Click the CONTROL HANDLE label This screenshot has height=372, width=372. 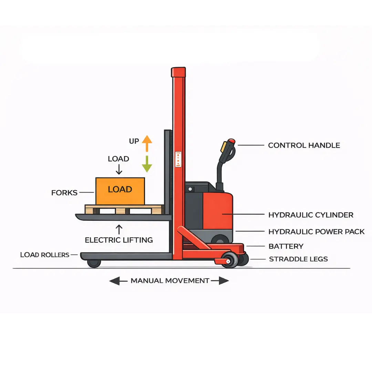[x=304, y=145]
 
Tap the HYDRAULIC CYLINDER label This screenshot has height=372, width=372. [x=311, y=215]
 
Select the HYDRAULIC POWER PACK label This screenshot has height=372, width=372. [x=316, y=231]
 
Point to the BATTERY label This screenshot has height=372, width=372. [x=286, y=246]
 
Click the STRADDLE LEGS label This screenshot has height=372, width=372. [x=298, y=259]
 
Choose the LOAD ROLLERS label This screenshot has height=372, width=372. [x=45, y=255]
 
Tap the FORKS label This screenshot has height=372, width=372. [x=64, y=193]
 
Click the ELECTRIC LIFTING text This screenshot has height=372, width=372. [x=119, y=240]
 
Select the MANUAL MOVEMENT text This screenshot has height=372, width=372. [x=170, y=281]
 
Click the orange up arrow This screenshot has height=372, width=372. [x=147, y=143]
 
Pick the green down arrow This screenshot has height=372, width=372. [x=147, y=164]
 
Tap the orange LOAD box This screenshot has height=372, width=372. [x=120, y=191]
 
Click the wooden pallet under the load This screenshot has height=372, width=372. [x=124, y=209]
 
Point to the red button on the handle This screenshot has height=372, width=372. [x=232, y=141]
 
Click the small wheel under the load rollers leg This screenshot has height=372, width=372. [x=94, y=263]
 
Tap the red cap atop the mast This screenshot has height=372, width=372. [x=178, y=72]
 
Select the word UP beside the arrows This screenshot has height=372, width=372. [x=134, y=141]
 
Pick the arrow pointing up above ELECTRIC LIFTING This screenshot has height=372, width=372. [x=119, y=229]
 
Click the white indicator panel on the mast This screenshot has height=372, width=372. [x=178, y=159]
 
